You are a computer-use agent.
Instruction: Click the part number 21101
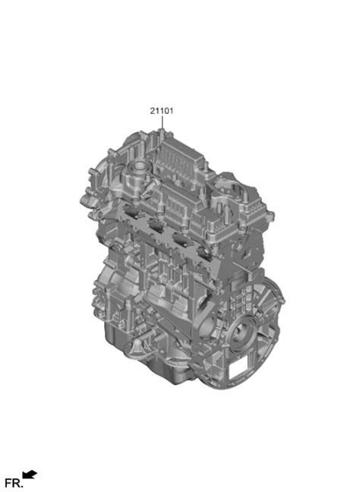pyautogui.click(x=161, y=111)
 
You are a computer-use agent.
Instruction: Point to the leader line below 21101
pyautogui.click(x=161, y=126)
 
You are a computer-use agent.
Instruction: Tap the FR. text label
pyautogui.click(x=13, y=482)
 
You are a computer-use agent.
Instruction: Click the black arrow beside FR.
pyautogui.click(x=30, y=475)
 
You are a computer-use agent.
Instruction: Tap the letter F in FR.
pyautogui.click(x=8, y=482)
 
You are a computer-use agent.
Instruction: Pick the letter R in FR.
pyautogui.click(x=15, y=482)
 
